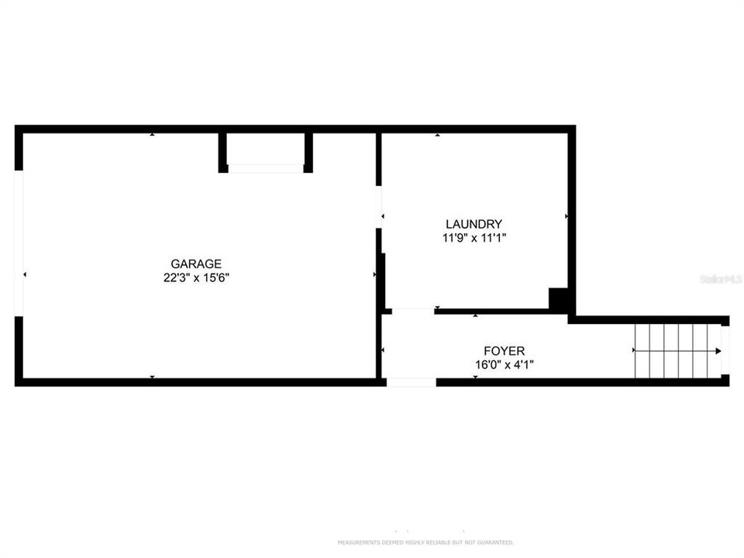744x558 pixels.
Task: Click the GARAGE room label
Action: pyautogui.click(x=196, y=263)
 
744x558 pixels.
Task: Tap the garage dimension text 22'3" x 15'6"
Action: pyautogui.click(x=196, y=277)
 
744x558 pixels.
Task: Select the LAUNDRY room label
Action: pyautogui.click(x=474, y=225)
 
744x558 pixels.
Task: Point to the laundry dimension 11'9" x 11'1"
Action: pyautogui.click(x=474, y=239)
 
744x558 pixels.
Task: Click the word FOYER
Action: pyautogui.click(x=504, y=351)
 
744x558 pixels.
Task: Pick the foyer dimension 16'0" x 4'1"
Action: pyautogui.click(x=504, y=365)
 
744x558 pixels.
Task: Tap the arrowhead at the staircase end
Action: pyautogui.click(x=718, y=351)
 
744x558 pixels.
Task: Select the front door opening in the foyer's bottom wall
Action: pyautogui.click(x=412, y=382)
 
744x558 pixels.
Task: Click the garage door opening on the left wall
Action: pyautogui.click(x=19, y=243)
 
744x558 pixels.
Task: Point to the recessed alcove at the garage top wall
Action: pyautogui.click(x=265, y=150)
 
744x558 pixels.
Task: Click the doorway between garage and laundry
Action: pyautogui.click(x=379, y=207)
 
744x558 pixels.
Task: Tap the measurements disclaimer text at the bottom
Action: pyautogui.click(x=425, y=542)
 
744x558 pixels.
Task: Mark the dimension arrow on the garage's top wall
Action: pyautogui.click(x=152, y=135)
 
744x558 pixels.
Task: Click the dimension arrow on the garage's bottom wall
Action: pyautogui.click(x=152, y=377)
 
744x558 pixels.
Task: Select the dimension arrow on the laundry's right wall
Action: pyautogui.click(x=567, y=216)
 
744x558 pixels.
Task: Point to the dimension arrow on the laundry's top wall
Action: pyautogui.click(x=438, y=135)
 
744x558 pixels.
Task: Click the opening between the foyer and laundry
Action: pyautogui.click(x=412, y=311)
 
